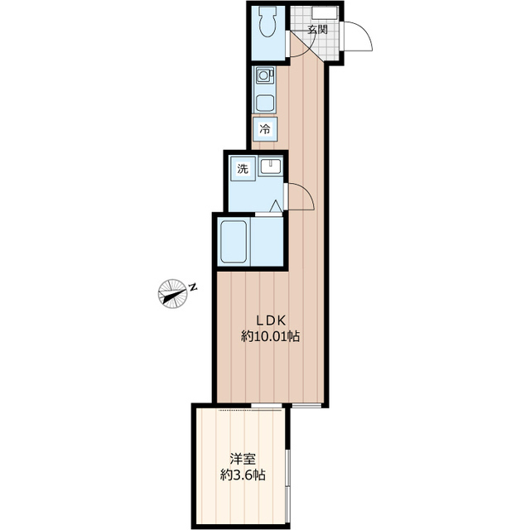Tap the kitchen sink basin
point(266,104)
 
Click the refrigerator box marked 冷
point(265,128)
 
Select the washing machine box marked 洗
point(243,168)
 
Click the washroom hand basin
point(270,167)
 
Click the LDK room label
point(270,320)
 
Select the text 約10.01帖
point(270,337)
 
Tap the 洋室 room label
point(243,458)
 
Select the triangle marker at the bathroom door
point(276,205)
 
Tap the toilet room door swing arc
point(295,48)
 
